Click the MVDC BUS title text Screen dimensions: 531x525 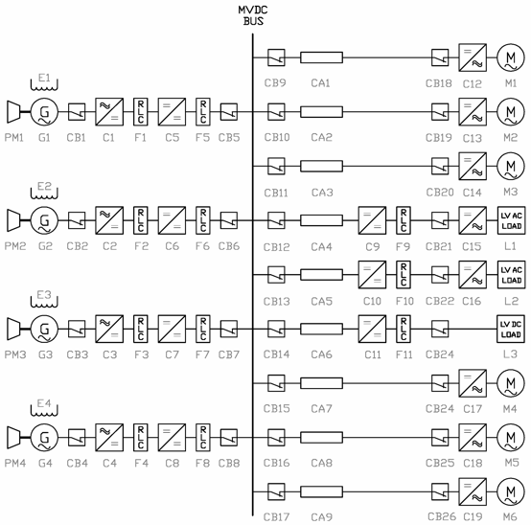click(253, 15)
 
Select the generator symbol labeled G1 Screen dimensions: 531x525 click(44, 112)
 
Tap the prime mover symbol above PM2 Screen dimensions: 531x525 click(13, 220)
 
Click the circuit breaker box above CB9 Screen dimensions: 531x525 click(276, 57)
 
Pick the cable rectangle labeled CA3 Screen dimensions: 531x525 click(321, 166)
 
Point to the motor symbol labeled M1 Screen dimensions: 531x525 click(511, 57)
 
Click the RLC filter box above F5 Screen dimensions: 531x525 click(203, 112)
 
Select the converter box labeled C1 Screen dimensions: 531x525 click(109, 112)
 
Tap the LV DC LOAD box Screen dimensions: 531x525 click(511, 329)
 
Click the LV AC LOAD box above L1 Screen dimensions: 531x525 click(511, 220)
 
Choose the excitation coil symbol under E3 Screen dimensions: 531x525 click(44, 303)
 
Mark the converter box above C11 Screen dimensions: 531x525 click(372, 329)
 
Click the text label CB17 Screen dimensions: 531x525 click(276, 517)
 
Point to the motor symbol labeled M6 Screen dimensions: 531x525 click(511, 491)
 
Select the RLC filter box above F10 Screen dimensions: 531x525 click(404, 275)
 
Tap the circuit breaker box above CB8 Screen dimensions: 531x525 click(229, 438)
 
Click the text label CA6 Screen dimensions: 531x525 click(321, 354)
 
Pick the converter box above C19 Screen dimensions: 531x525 click(473, 491)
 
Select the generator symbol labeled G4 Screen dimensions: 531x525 click(44, 438)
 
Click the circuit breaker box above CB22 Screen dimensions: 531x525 click(440, 275)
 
